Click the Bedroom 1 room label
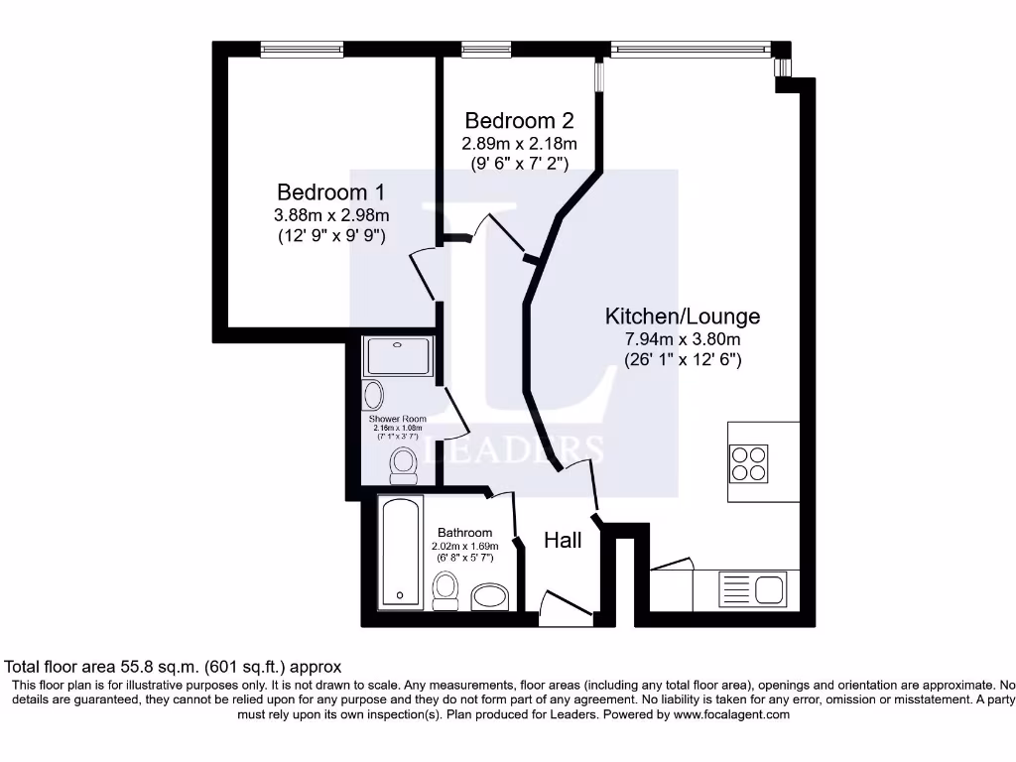click(x=330, y=191)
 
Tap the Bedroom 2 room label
click(x=519, y=121)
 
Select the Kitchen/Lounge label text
click(x=683, y=317)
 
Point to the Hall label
click(x=563, y=541)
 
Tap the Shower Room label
click(x=397, y=419)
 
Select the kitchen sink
click(x=769, y=588)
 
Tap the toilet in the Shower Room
click(x=403, y=462)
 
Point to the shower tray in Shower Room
click(x=399, y=356)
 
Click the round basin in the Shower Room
click(x=374, y=395)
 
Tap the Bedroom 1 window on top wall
click(x=302, y=49)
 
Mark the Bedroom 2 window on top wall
click(x=486, y=49)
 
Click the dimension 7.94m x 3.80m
click(x=683, y=340)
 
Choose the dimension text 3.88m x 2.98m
click(x=330, y=215)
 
